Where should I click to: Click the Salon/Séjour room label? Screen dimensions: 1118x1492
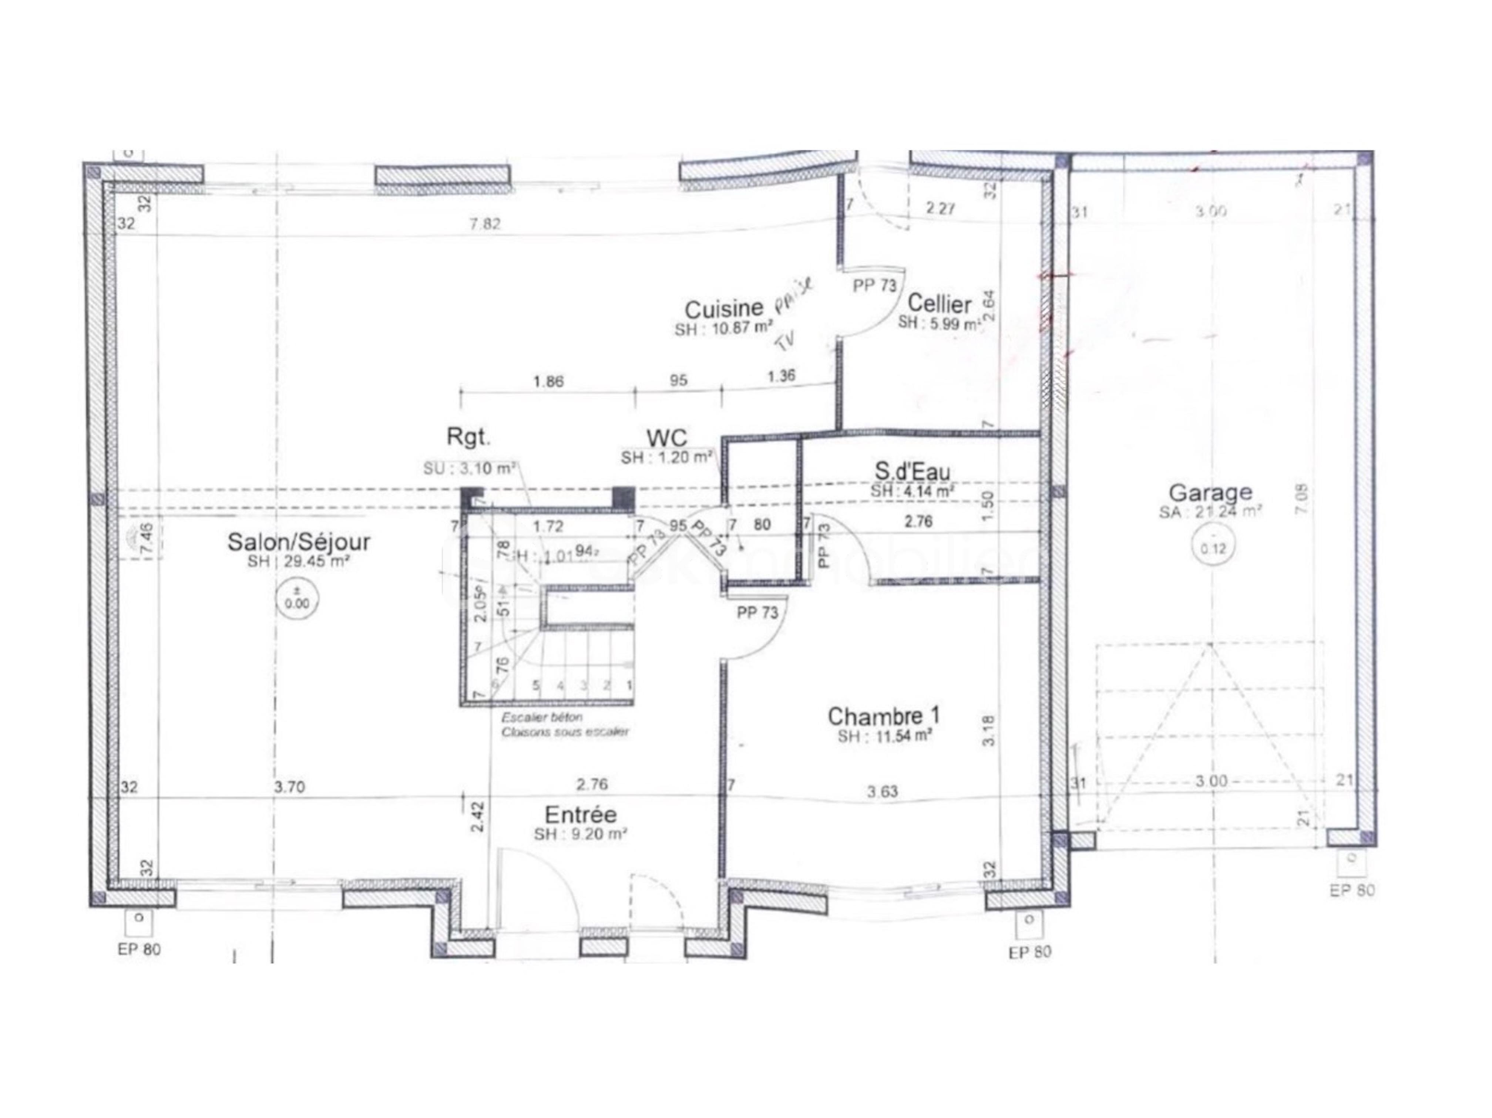click(x=299, y=541)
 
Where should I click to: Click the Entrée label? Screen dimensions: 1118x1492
click(x=580, y=815)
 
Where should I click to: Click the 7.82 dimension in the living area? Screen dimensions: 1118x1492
click(x=485, y=224)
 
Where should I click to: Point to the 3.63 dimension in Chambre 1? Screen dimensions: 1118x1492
click(x=882, y=791)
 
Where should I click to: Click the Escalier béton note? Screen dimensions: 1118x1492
click(x=542, y=717)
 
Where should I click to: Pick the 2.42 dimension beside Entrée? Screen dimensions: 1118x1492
click(x=477, y=816)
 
